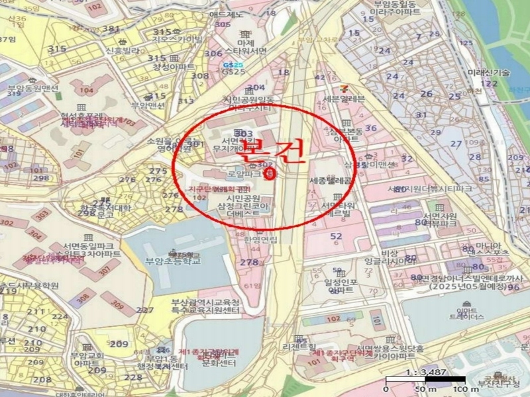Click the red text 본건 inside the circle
coord(272,151)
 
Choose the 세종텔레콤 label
coord(331,179)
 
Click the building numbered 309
coord(117,305)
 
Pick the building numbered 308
coord(82,298)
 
